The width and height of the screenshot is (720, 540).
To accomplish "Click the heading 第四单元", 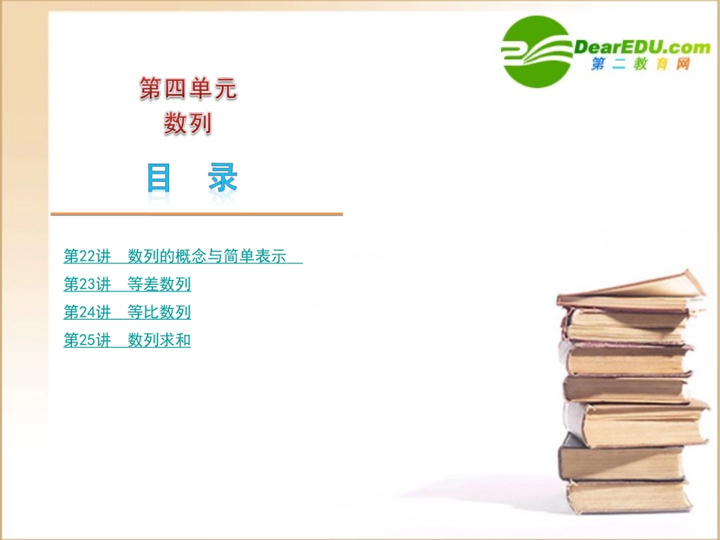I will click(188, 89).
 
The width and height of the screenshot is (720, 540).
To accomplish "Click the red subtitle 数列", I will click(188, 123).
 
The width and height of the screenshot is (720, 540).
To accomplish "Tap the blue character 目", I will click(158, 179).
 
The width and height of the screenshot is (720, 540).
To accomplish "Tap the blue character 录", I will click(222, 179).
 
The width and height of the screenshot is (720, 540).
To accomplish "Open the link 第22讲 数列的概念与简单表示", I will click(182, 256).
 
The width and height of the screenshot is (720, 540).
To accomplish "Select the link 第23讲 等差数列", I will click(127, 284).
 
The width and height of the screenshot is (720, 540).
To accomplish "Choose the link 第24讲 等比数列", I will click(127, 312).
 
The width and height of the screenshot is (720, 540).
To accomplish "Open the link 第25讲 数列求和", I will click(127, 340).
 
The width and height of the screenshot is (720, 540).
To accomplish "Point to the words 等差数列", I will click(159, 284).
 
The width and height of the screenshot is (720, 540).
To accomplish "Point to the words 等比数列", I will click(159, 312).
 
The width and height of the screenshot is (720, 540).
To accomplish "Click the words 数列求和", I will click(159, 340).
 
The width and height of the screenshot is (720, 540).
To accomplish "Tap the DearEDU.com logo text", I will click(642, 48).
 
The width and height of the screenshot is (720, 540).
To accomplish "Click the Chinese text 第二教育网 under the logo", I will click(640, 65).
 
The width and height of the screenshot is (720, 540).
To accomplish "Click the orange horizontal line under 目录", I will click(196, 214).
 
